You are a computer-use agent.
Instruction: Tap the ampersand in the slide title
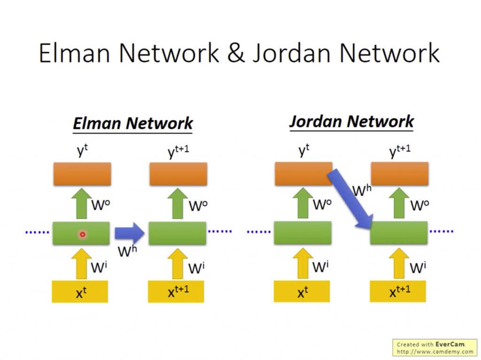(235, 53)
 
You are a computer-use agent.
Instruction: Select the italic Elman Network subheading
(133, 123)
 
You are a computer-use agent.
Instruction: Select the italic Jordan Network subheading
(351, 122)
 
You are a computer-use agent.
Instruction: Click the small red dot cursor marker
(82, 234)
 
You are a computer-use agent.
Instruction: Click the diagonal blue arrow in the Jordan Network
(350, 199)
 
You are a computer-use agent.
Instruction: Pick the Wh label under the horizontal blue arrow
(127, 252)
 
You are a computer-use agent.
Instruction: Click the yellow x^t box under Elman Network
(80, 292)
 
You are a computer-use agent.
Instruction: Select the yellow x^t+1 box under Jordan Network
(398, 291)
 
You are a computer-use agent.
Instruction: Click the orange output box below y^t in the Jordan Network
(303, 174)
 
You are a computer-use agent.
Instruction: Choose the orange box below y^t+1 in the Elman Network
(178, 174)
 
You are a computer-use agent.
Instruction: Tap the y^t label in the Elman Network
(82, 151)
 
